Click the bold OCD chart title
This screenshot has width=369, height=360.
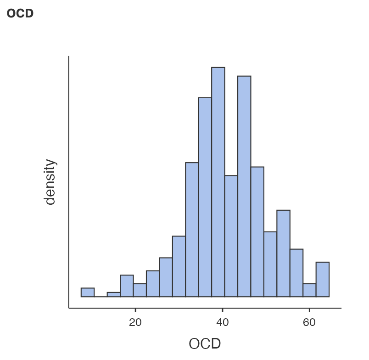point(20,13)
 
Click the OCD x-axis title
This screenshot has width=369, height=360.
point(205,343)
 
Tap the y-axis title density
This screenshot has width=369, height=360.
point(50,182)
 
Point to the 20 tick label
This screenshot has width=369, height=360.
point(135,322)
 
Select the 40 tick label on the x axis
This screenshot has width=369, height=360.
point(223,322)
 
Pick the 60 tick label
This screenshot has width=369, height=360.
point(309,322)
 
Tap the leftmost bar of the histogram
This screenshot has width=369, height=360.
point(88,292)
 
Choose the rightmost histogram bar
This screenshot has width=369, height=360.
point(323,280)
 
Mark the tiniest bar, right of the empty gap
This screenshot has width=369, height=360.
point(113,295)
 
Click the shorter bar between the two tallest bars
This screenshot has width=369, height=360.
point(231,236)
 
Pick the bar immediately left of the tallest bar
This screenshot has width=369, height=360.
point(205,197)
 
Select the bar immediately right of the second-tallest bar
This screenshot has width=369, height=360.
point(257,232)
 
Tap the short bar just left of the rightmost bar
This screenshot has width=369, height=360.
point(309,290)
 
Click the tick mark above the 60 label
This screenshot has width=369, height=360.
point(309,310)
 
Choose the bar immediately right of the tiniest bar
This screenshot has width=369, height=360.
point(127,286)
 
